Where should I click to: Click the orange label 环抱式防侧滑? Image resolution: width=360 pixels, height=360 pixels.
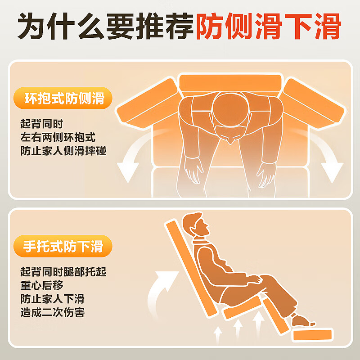tap(63, 99)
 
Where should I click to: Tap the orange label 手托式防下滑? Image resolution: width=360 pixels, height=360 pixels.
tap(63, 247)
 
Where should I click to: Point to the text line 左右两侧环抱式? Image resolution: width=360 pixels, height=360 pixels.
tap(58, 137)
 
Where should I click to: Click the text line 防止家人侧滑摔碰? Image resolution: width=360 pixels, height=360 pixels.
tap(63, 151)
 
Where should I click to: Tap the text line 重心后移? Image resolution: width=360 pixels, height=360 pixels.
tap(42, 285)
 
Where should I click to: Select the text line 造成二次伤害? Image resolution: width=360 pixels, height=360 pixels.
tap(52, 312)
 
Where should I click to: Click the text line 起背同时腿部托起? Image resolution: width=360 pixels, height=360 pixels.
tap(63, 272)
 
